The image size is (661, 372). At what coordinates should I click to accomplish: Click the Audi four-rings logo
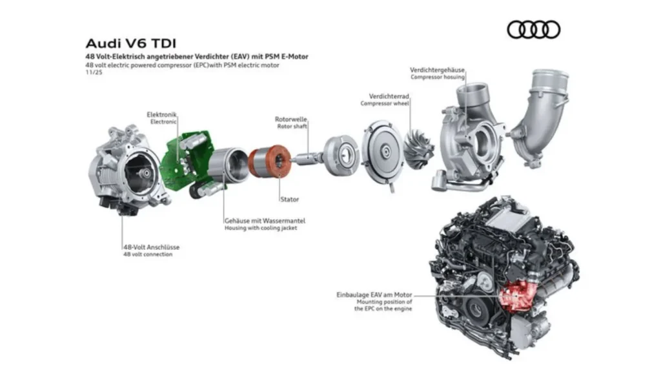click(533, 30)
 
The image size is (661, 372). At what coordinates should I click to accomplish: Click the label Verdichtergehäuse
click(437, 69)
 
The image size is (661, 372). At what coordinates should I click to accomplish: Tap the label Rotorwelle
click(290, 119)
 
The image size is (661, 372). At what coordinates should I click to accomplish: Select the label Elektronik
click(163, 114)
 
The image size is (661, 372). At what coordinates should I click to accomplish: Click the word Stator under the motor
click(289, 200)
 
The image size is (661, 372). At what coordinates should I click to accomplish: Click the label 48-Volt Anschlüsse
click(151, 247)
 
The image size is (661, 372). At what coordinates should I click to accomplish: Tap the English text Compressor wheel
click(385, 103)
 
